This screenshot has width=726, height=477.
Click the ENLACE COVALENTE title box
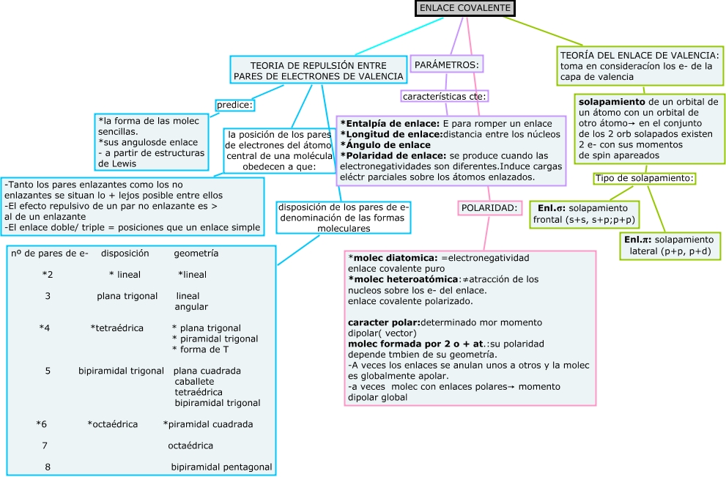pyautogui.click(x=465, y=8)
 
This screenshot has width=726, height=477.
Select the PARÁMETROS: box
pyautogui.click(x=447, y=65)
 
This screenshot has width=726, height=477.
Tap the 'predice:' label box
pyautogui.click(x=234, y=105)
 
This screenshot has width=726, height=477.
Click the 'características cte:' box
pyautogui.click(x=445, y=96)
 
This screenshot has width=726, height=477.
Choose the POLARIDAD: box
pyautogui.click(x=489, y=208)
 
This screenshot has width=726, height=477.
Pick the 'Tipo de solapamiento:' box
pyautogui.click(x=644, y=178)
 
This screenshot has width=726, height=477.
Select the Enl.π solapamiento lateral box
pyautogui.click(x=668, y=245)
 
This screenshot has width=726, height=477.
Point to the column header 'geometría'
pyautogui.click(x=196, y=254)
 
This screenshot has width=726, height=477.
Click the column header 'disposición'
pyautogui.click(x=125, y=254)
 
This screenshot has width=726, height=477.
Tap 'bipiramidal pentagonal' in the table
pyautogui.click(x=221, y=467)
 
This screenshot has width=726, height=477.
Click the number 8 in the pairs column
pyautogui.click(x=48, y=467)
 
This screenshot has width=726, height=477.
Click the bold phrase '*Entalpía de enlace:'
pyautogui.click(x=390, y=124)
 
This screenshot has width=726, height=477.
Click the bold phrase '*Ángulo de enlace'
pyautogui.click(x=385, y=145)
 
